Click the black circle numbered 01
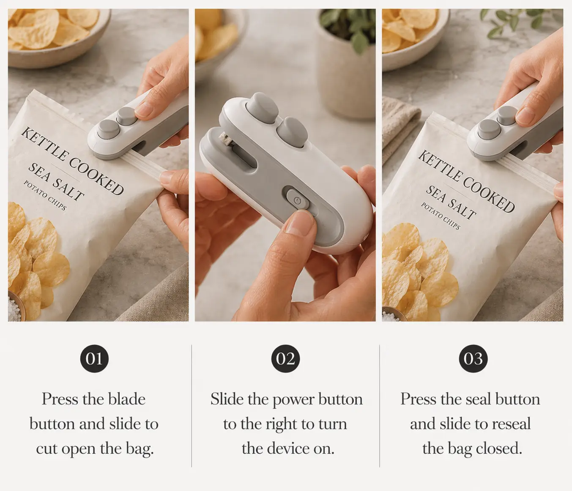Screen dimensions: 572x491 (x=94, y=358)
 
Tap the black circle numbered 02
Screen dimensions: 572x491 (x=286, y=358)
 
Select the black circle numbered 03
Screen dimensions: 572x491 (x=473, y=358)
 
